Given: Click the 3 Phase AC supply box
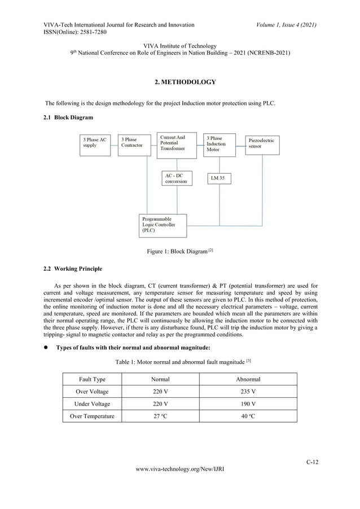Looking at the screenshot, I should pos(96,144).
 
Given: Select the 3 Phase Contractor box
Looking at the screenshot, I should pos(134,144).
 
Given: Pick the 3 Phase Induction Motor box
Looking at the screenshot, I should pos(219,144).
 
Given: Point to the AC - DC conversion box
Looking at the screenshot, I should pos(177,179).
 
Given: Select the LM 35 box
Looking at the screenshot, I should pos(218,178).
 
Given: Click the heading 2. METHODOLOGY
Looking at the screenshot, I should pos(185,82).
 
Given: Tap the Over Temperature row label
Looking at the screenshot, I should pos(91,416).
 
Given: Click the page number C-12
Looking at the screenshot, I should pos(312,463).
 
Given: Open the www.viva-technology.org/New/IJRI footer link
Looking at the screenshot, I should pos(179,484).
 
